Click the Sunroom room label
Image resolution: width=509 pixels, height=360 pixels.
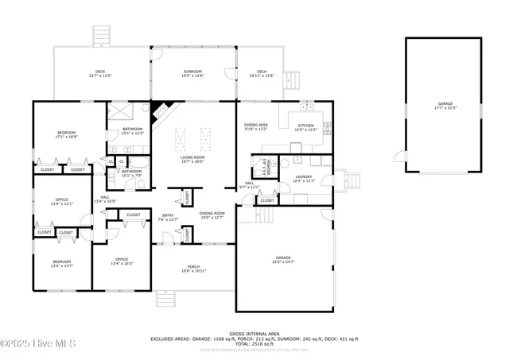pos(193,73)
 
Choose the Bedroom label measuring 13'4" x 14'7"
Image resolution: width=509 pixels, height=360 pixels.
pos(62,264)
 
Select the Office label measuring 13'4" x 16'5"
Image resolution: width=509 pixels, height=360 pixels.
pos(122,261)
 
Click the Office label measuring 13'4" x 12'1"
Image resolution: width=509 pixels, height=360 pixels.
pos(62,201)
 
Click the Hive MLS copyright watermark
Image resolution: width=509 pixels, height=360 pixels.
pos(38,343)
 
